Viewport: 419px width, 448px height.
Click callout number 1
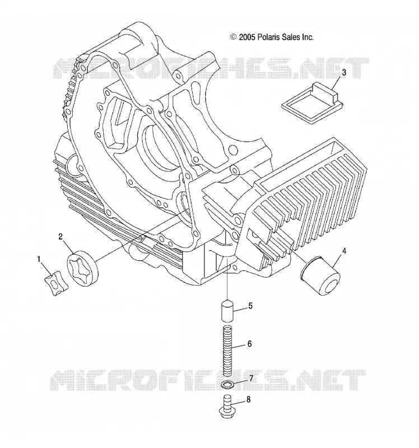coord(39,259)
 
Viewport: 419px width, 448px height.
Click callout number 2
coord(60,236)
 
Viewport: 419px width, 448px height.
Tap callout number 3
coord(344,73)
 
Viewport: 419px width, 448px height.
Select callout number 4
coord(344,251)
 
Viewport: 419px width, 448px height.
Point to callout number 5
coord(250,306)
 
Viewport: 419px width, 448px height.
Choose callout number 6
coord(249,344)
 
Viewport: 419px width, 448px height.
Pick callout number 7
coord(251,379)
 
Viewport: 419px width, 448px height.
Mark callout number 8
coord(248,400)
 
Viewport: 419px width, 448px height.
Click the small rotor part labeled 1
coord(57,284)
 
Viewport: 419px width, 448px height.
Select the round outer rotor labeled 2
coord(82,268)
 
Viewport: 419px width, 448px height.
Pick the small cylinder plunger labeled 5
coord(228,310)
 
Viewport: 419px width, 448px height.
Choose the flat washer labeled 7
coord(228,384)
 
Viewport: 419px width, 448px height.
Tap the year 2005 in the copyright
coord(246,37)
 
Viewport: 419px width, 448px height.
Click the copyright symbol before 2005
coord(234,37)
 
